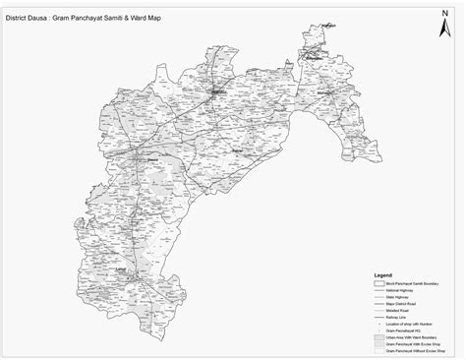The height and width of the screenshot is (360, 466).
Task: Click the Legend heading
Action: click(383, 275)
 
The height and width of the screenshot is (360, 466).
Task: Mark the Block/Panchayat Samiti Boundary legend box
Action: click(379, 282)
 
